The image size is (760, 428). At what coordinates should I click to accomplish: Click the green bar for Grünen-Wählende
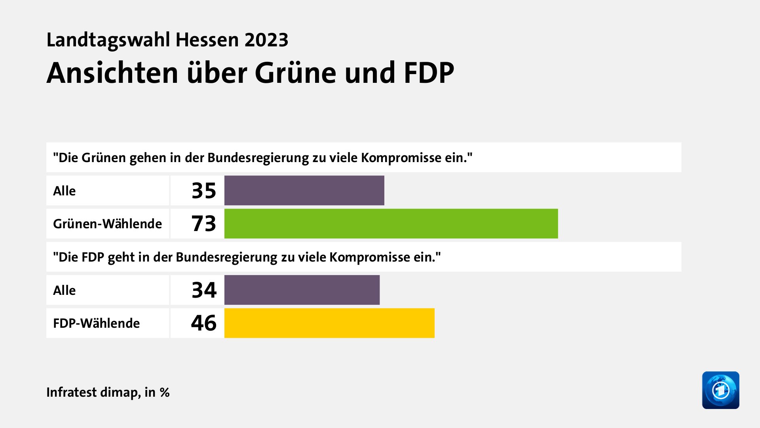click(x=391, y=224)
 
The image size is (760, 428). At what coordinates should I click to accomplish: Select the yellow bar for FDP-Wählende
click(x=329, y=323)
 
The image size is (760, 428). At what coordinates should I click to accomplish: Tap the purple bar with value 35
click(x=304, y=191)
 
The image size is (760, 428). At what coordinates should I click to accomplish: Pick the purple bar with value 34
click(x=302, y=290)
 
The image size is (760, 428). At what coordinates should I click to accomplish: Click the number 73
click(x=204, y=224)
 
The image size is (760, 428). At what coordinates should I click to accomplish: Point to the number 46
click(x=204, y=323)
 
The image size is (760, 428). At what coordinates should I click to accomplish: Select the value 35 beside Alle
click(x=204, y=191)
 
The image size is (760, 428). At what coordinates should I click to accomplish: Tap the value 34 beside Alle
click(x=204, y=290)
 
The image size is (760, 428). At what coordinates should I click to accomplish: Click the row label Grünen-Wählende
click(x=107, y=224)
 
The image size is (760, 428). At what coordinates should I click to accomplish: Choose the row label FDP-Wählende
click(x=96, y=323)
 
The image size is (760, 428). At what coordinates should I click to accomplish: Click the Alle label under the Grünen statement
click(x=64, y=191)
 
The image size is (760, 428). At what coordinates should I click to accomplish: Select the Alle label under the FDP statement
click(x=64, y=290)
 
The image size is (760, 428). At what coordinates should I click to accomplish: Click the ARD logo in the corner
click(x=720, y=390)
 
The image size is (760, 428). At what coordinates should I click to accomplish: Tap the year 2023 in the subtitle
click(x=266, y=40)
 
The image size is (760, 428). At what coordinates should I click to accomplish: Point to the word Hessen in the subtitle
click(x=207, y=40)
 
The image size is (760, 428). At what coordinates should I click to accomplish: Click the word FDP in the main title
click(x=429, y=73)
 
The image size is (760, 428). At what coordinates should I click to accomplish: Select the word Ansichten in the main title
click(x=112, y=73)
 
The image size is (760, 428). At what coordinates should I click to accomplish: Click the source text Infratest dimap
click(x=93, y=392)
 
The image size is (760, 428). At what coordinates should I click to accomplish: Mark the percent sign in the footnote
click(x=165, y=393)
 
